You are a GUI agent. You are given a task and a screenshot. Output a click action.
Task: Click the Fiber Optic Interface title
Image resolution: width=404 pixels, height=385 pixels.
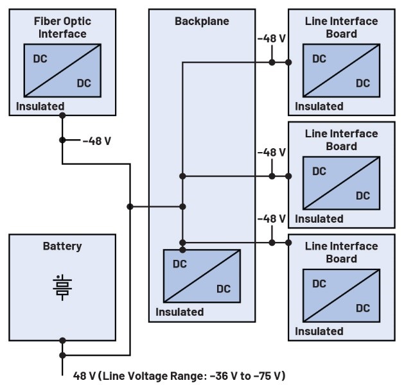(62, 28)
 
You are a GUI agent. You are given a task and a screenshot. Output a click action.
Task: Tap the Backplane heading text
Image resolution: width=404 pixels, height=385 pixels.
(202, 21)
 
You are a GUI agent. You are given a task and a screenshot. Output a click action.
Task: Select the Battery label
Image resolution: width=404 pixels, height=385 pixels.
(62, 246)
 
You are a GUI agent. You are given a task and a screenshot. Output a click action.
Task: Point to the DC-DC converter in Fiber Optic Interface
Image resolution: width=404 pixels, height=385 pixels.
(62, 71)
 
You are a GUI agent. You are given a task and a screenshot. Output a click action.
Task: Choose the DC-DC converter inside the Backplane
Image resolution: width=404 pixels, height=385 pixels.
(202, 276)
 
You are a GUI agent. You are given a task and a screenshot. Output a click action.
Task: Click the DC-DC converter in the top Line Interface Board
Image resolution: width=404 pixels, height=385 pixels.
(341, 71)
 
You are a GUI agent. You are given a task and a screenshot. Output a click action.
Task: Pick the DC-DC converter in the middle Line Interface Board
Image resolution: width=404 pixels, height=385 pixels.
(341, 184)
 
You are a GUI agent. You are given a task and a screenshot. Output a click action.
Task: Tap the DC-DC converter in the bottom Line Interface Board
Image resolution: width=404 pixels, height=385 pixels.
(341, 296)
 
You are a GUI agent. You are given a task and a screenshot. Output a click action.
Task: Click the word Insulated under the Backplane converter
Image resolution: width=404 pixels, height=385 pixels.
(180, 312)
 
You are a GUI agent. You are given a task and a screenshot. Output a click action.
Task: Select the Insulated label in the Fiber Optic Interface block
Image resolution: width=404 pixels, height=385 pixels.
(40, 107)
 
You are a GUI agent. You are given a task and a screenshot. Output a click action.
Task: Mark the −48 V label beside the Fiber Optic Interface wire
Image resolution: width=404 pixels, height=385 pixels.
(97, 141)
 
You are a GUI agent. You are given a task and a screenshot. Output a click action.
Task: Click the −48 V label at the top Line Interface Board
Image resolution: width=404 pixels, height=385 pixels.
(271, 38)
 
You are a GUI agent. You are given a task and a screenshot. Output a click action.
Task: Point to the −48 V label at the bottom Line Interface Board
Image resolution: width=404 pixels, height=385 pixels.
(271, 219)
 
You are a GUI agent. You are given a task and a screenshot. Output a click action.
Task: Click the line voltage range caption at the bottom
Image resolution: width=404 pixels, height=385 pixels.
(179, 375)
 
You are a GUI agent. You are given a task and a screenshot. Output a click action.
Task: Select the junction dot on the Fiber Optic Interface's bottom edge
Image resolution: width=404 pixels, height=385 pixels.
(62, 116)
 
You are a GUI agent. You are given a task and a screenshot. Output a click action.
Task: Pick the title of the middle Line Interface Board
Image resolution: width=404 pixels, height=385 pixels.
(341, 140)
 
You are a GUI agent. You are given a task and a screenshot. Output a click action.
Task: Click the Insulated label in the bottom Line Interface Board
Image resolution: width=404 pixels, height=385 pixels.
(319, 331)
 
